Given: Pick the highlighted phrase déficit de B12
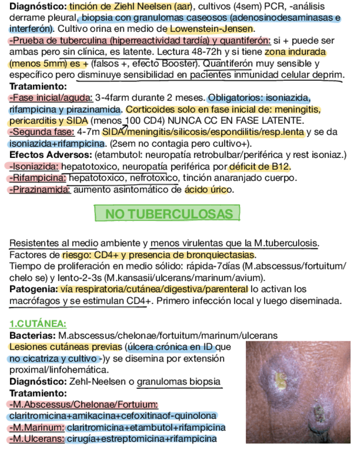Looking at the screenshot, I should click(x=260, y=166).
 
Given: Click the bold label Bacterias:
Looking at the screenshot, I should click(x=31, y=335).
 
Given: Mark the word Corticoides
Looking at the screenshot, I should click(x=152, y=109).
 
